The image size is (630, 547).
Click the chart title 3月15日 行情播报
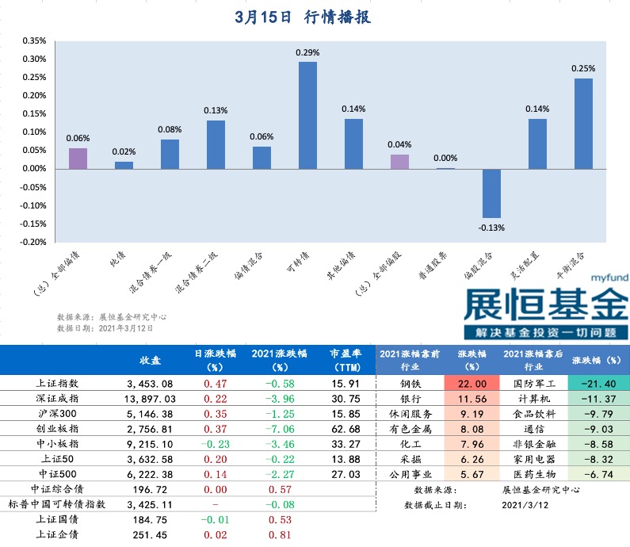[304, 17]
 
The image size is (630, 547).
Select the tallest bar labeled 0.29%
[307, 115]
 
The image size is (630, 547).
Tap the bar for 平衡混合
[583, 123]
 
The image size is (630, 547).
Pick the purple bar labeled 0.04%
[399, 161]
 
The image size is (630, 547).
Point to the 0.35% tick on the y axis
[34, 40]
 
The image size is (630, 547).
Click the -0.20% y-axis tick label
[33, 242]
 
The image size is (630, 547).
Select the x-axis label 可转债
[297, 262]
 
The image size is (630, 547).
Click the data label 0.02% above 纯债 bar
[124, 151]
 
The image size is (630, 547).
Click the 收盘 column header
[151, 360]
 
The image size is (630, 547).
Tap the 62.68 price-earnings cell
[343, 429]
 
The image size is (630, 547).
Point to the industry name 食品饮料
[531, 414]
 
